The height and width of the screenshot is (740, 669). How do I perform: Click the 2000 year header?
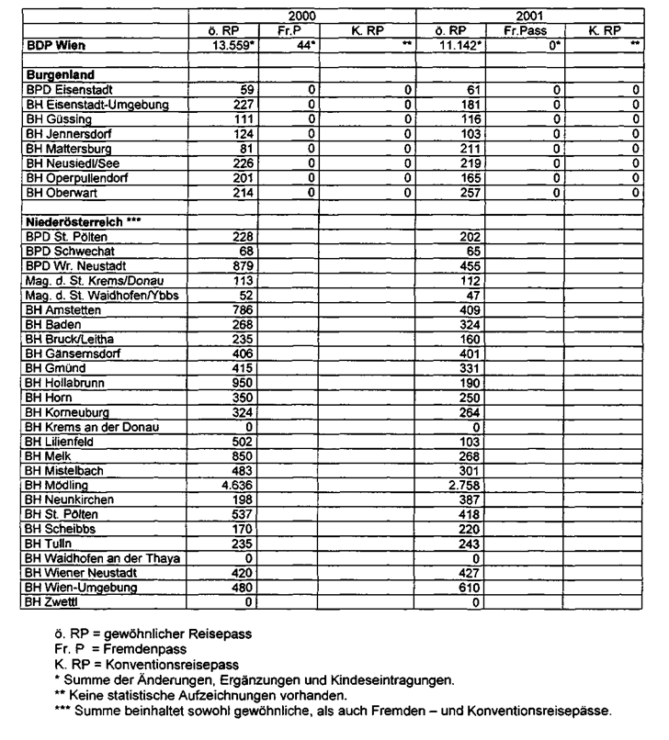click(x=300, y=17)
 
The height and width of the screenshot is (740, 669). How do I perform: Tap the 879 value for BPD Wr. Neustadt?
click(x=231, y=266)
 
